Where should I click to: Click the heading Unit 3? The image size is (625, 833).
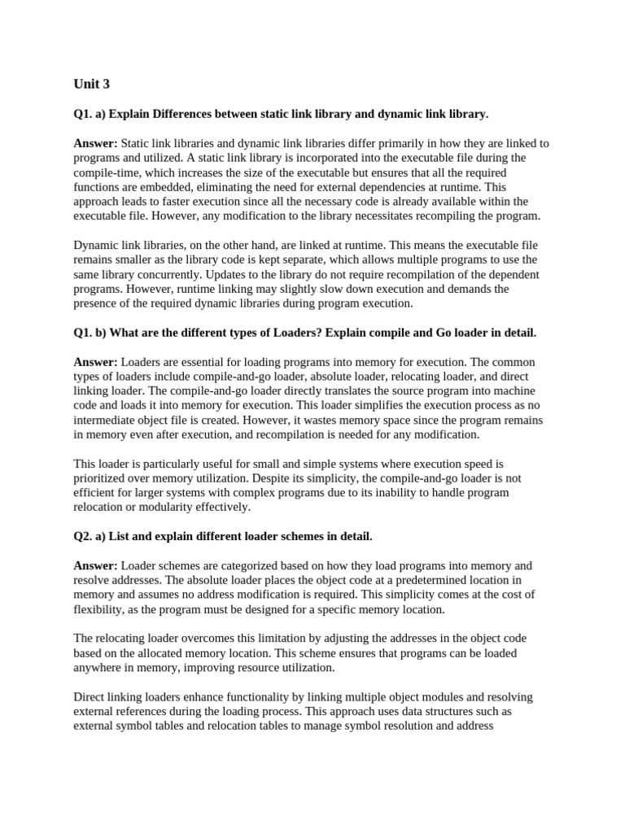tap(91, 84)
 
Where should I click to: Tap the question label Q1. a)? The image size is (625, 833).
tap(90, 114)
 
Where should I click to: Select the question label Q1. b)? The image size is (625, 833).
tap(90, 333)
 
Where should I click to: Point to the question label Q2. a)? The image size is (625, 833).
tap(90, 536)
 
